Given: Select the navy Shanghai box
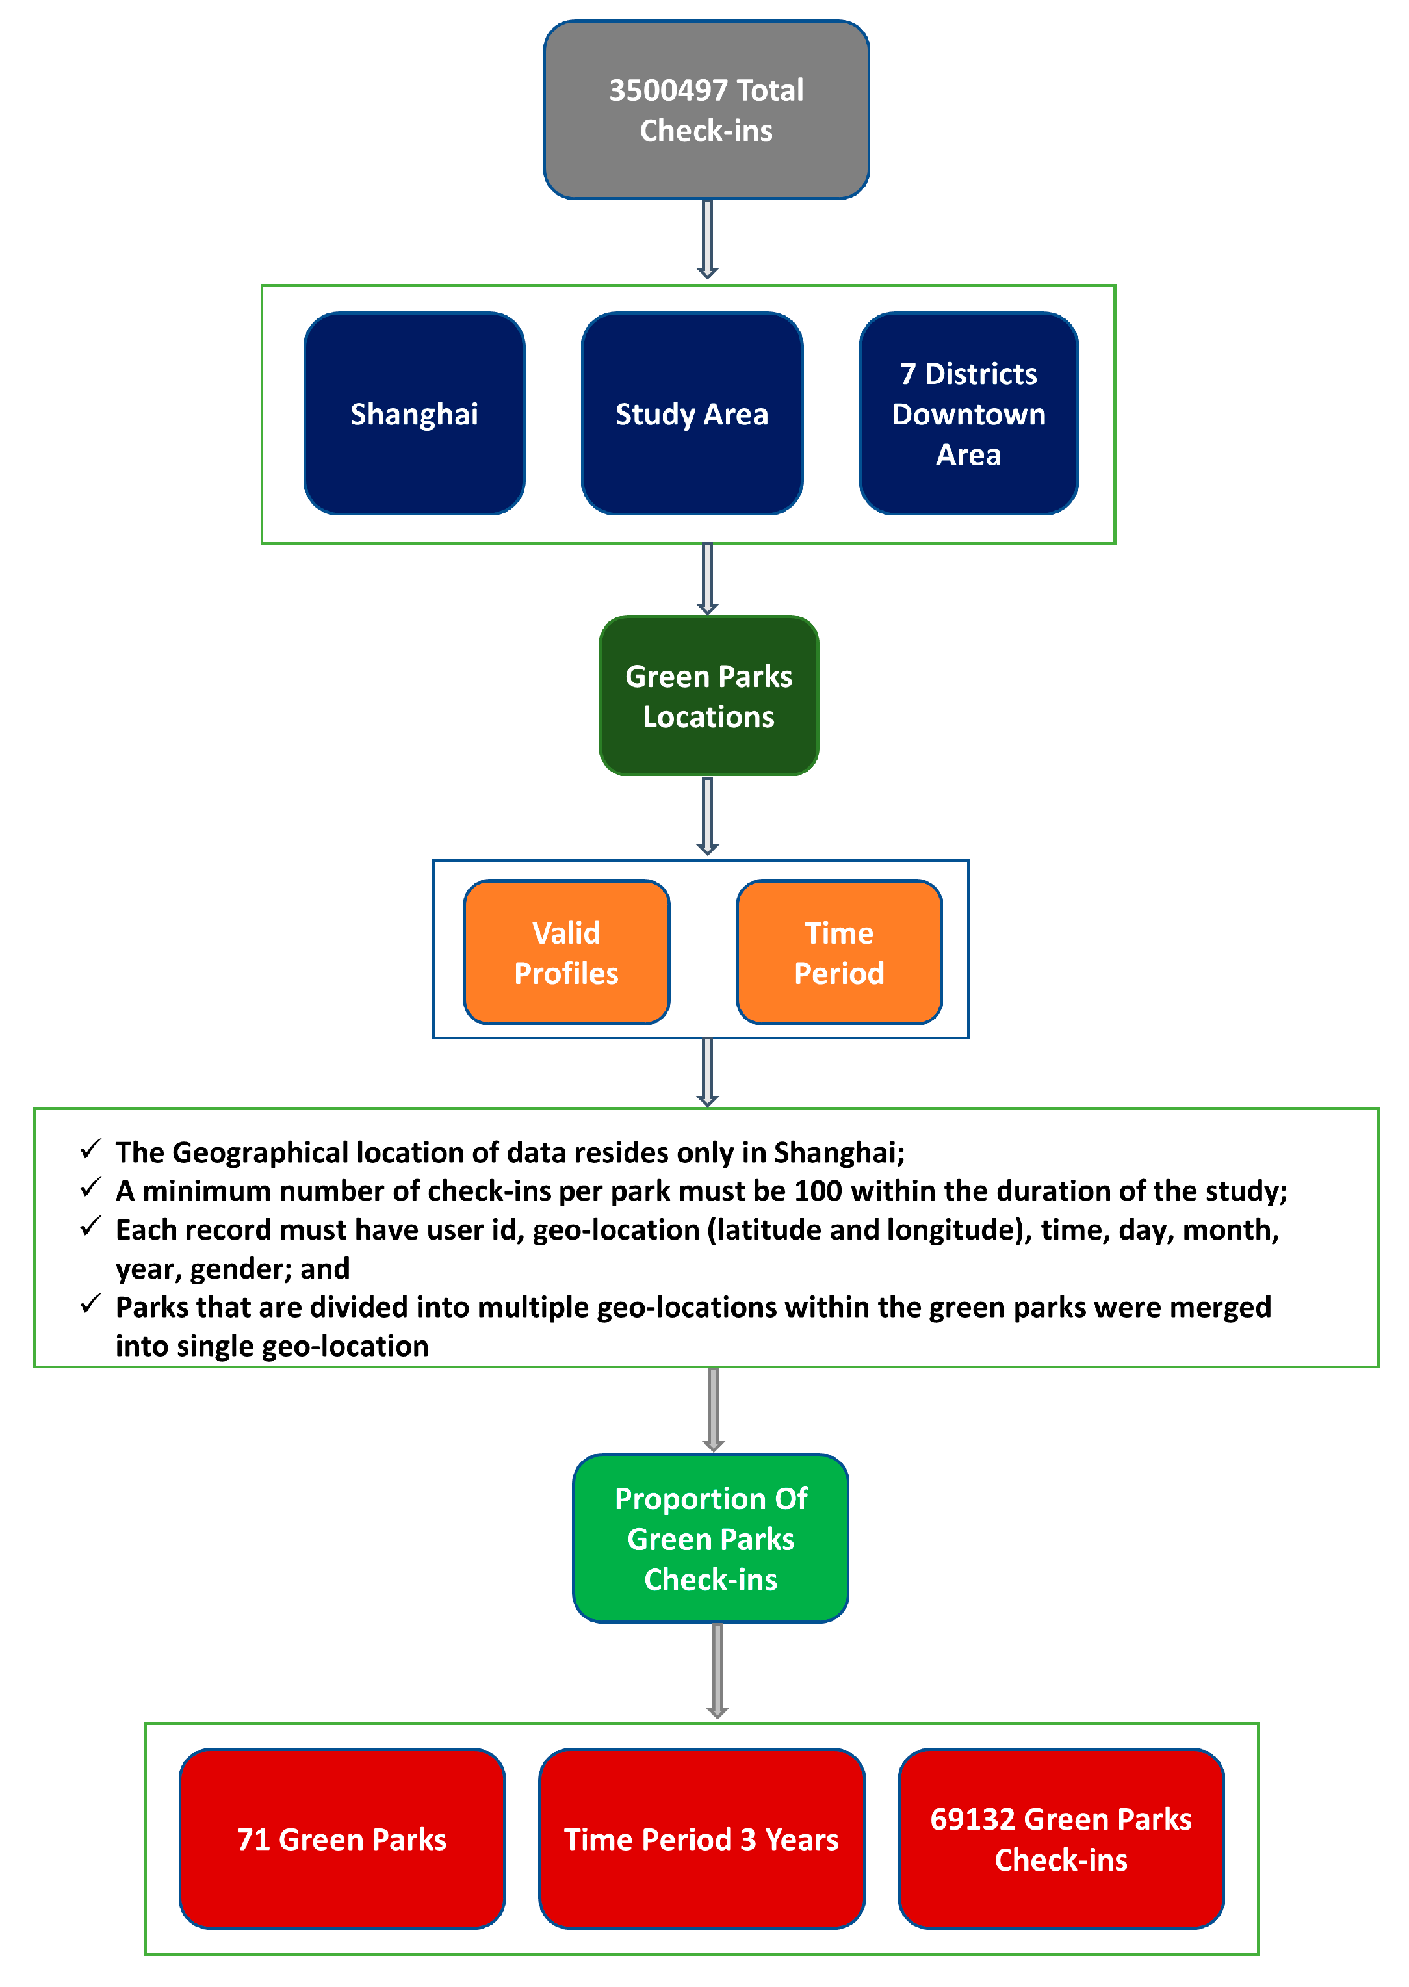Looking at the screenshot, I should (414, 414).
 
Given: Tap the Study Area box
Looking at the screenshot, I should (692, 414).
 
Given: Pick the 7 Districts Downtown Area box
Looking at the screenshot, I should (968, 414).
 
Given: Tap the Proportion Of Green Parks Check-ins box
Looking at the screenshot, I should (710, 1539).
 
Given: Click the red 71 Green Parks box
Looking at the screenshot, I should (342, 1839).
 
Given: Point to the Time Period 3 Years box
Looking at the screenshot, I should (701, 1839).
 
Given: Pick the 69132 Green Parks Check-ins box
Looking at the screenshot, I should (1060, 1839).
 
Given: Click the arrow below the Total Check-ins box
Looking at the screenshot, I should (707, 239).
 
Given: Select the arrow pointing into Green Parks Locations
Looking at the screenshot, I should (707, 578).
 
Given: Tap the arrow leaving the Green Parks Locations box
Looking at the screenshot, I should (707, 816).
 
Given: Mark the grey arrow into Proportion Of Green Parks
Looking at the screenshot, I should (713, 1409).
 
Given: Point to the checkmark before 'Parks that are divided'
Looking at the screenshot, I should (90, 1303).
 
